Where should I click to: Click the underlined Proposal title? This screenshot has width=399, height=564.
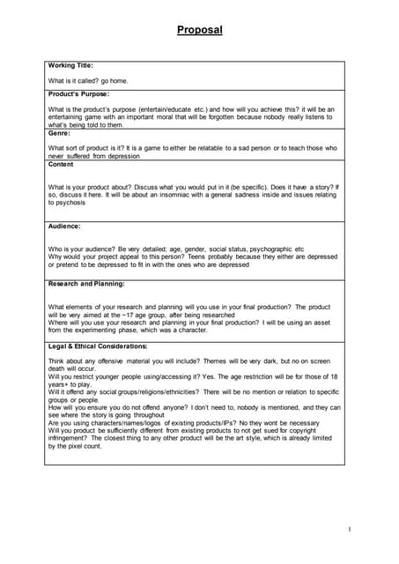[199, 30]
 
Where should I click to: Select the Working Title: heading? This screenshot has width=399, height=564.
[70, 66]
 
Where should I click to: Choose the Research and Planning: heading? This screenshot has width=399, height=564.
[85, 284]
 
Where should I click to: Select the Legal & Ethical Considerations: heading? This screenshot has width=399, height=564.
[98, 346]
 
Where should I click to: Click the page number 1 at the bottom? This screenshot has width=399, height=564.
[350, 529]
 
